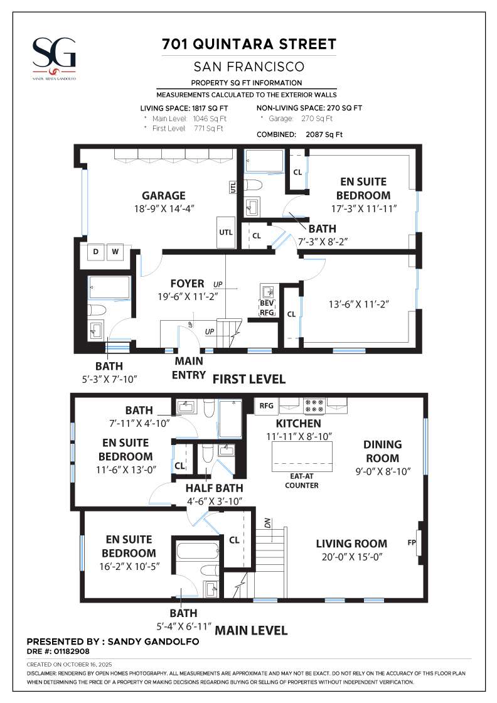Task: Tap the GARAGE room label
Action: click(163, 195)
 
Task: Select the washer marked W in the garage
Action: click(115, 252)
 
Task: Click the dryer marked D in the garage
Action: click(96, 252)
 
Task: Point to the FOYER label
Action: click(187, 283)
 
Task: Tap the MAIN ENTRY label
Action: click(188, 368)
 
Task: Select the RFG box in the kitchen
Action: click(266, 405)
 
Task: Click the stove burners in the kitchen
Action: click(314, 405)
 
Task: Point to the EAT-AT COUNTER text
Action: click(301, 480)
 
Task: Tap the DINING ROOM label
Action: click(382, 451)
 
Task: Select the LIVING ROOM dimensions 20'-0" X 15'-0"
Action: click(351, 556)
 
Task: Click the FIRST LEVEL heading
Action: click(249, 379)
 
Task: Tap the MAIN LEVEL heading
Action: click(251, 630)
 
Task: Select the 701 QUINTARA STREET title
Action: click(249, 45)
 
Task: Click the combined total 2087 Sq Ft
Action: click(324, 134)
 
